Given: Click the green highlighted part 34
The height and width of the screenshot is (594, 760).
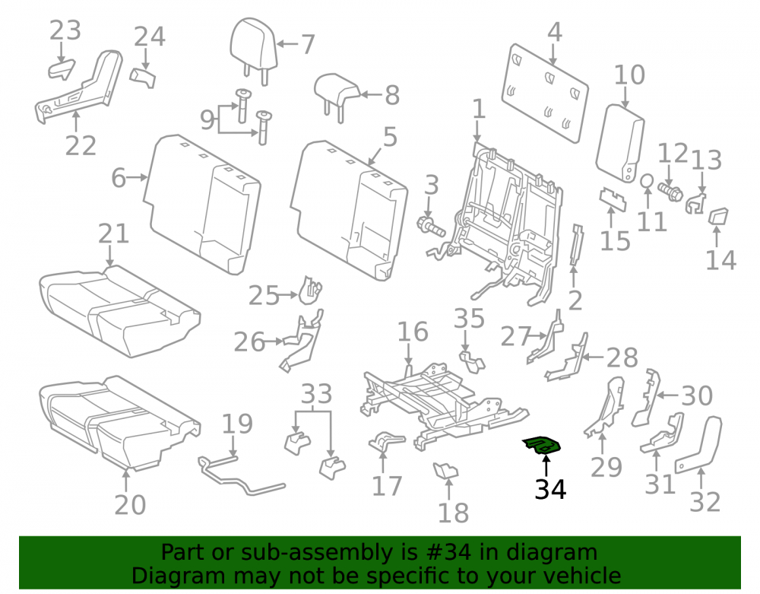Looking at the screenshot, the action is click(x=541, y=445).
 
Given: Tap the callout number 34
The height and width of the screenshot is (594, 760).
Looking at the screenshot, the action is click(x=550, y=489).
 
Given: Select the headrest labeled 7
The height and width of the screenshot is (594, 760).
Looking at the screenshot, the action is click(x=253, y=49).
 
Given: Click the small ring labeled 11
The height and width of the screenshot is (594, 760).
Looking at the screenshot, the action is click(x=647, y=181).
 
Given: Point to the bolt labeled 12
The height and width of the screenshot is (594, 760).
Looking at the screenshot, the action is click(x=670, y=192).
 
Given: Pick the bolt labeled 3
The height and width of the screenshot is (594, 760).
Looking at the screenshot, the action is click(x=431, y=226).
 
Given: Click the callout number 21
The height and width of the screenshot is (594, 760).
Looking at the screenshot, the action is click(x=113, y=233).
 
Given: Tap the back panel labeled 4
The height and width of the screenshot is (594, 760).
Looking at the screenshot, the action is click(x=544, y=93).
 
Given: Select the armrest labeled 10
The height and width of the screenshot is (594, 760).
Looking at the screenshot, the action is click(x=620, y=143).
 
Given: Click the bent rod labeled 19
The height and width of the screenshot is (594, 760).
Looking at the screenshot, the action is click(x=239, y=477).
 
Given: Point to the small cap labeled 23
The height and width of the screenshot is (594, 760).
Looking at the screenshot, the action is click(x=62, y=69).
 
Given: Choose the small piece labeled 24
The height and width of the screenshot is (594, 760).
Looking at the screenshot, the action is click(x=143, y=78).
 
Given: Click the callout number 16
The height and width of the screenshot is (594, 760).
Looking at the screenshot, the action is click(x=413, y=332).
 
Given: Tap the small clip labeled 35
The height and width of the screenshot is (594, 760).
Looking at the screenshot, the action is click(x=472, y=362).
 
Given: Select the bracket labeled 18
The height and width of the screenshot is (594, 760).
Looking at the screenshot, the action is click(x=445, y=470).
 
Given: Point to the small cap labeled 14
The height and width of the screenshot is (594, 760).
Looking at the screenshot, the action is click(x=718, y=216).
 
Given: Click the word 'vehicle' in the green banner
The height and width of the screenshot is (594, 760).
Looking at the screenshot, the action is click(x=582, y=576).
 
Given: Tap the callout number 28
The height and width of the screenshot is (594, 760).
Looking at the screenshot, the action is click(x=622, y=358).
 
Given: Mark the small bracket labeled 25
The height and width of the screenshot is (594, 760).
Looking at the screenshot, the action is click(x=310, y=290).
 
